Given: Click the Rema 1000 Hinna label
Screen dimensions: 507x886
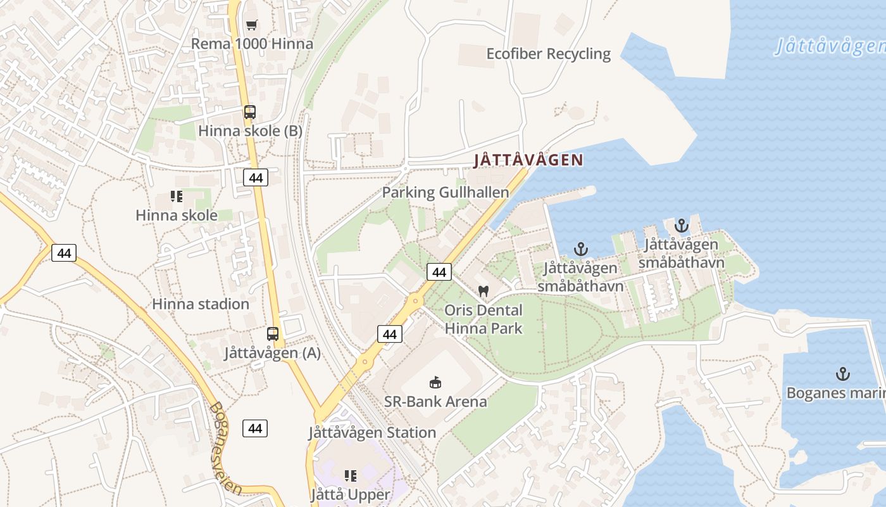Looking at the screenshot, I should click(x=252, y=44).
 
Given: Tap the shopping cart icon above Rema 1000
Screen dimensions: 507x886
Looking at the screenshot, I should click(x=252, y=25).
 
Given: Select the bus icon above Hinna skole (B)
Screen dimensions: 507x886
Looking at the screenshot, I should click(x=250, y=112).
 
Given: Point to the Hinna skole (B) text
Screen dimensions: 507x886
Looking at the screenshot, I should click(x=250, y=131).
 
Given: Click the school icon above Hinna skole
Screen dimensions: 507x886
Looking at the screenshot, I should click(x=177, y=196).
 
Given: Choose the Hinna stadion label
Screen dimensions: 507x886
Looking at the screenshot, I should click(x=201, y=304).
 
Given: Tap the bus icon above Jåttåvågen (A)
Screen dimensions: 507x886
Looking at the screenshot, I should click(x=273, y=333).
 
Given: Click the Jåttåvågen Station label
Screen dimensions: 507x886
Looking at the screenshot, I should click(x=372, y=433).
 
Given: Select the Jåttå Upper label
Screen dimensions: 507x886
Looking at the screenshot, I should click(x=351, y=494).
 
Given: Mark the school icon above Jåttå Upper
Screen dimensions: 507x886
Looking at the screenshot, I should click(x=351, y=475).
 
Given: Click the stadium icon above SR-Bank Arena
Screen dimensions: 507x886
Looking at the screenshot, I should click(x=435, y=382).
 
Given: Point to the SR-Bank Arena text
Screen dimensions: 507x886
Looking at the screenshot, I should click(x=435, y=402).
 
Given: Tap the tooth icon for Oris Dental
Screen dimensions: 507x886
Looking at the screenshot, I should click(x=484, y=292).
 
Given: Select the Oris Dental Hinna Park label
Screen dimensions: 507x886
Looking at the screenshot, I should click(x=484, y=319).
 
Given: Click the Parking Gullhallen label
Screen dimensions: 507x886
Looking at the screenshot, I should click(x=445, y=193).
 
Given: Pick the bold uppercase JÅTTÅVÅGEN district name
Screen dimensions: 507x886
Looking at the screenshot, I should click(x=528, y=160).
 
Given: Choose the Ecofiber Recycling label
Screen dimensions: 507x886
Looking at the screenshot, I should click(x=548, y=54).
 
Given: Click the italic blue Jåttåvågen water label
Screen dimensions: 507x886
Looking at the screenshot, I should click(x=829, y=46).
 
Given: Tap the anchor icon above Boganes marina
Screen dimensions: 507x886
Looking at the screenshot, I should click(x=842, y=374).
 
